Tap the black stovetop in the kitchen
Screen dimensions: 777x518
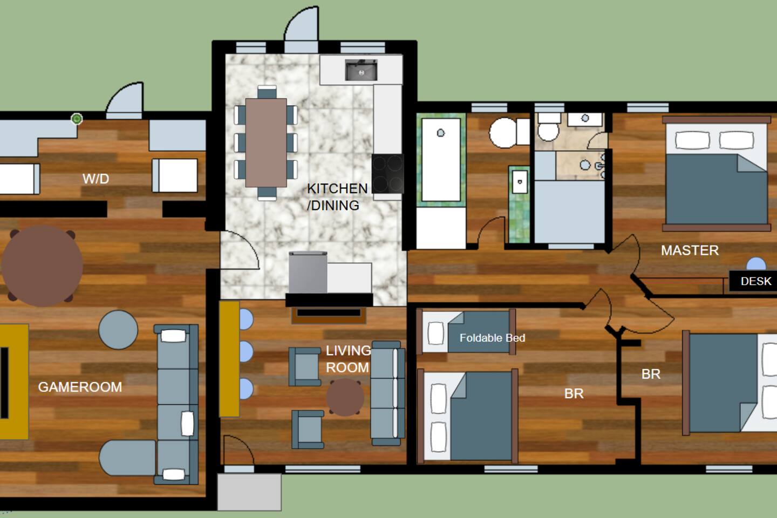pos(388,174)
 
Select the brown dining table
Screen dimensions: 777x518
pos(266,142)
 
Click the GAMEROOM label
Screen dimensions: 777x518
pos(80,387)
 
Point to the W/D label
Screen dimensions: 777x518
pos(96,179)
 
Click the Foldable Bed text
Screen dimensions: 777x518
pos(492,338)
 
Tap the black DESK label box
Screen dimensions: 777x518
pos(753,281)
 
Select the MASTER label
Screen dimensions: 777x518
pos(690,250)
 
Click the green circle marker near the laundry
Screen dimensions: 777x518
pos(77,119)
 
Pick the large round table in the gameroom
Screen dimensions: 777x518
pos(42,266)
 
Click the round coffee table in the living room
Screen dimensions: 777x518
pos(345,397)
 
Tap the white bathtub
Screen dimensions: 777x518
pos(441,160)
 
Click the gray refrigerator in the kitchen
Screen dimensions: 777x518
pos(308,272)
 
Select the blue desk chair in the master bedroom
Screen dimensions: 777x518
pos(756,264)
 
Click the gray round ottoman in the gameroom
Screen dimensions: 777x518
pos(118,330)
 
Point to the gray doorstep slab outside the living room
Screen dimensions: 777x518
pos(249,492)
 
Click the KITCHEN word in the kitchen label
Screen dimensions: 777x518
pos(337,188)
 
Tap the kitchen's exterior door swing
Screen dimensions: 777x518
pos(301,25)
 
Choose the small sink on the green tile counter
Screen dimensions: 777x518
pos(520,181)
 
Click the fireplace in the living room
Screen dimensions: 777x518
pos(329,314)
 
